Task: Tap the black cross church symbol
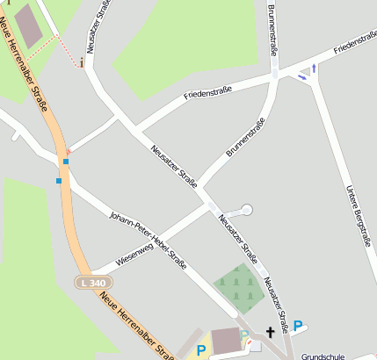pyautogui.click(x=271, y=332)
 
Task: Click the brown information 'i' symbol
pyautogui.click(x=82, y=62)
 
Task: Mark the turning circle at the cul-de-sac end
pyautogui.click(x=245, y=210)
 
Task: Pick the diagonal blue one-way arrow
pyautogui.click(x=301, y=76)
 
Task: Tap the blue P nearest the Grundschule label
pyautogui.click(x=298, y=327)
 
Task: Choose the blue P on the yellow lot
pyautogui.click(x=201, y=350)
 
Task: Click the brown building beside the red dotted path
pyautogui.click(x=28, y=25)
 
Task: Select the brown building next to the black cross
pyautogui.click(x=227, y=340)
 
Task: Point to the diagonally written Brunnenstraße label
pyautogui.click(x=244, y=140)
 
